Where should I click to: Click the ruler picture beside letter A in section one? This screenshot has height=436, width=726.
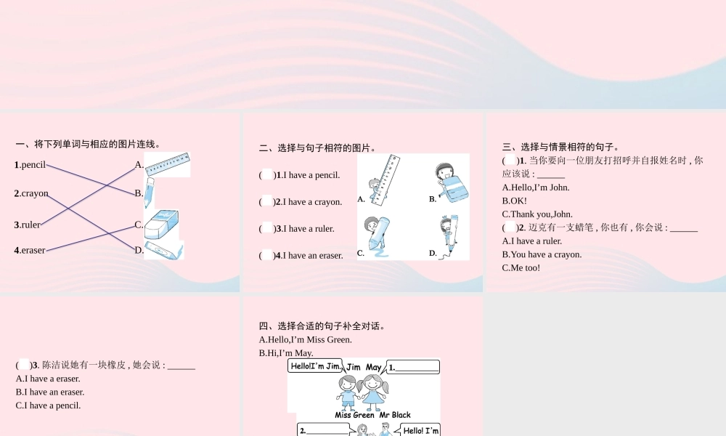point(168,163)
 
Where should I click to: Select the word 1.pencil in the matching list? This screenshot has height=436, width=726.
point(30,165)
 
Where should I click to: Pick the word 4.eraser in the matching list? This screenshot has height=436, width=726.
point(30,250)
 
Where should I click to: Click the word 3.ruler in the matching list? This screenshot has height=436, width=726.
point(28,225)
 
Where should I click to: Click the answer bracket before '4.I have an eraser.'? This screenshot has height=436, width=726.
point(267,255)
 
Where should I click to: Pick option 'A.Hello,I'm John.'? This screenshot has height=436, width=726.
point(536,187)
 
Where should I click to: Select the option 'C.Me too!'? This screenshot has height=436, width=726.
point(521,267)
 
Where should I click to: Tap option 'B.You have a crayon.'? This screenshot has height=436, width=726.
point(542,254)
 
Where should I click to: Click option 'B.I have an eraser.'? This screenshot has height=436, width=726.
point(50,392)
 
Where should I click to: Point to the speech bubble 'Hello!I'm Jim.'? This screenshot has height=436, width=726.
point(316,367)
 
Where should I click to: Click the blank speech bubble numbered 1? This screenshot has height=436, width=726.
point(413,367)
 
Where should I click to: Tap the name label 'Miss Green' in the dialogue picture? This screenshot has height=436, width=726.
point(354,415)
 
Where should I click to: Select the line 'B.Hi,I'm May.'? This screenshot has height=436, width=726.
point(286,353)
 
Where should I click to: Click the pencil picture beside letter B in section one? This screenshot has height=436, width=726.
point(149,193)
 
